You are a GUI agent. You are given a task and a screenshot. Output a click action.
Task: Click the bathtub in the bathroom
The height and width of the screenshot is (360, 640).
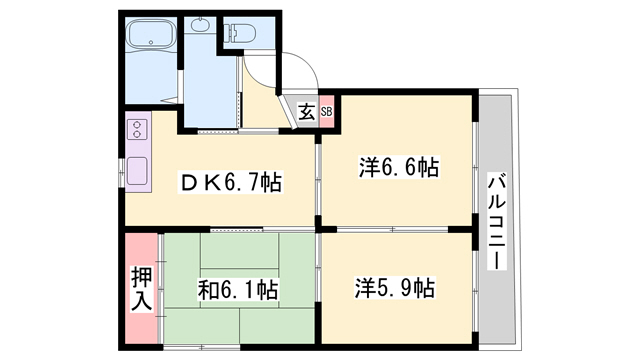151,34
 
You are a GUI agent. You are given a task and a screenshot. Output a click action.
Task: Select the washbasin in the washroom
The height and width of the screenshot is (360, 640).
199,25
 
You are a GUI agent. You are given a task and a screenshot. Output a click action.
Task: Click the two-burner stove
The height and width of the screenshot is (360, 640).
137,129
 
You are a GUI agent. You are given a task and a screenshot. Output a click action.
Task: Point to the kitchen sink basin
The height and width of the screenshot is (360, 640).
137,171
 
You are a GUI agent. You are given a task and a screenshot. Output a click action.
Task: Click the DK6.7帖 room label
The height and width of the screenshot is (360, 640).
231,182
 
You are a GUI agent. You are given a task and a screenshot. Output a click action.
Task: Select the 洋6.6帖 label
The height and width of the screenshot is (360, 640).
399,167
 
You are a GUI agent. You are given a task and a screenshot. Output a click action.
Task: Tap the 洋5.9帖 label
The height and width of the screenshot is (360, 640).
394,288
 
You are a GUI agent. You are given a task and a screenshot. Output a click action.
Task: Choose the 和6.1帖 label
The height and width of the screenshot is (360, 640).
238,290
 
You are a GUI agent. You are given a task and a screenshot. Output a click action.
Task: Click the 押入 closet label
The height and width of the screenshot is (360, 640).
141,289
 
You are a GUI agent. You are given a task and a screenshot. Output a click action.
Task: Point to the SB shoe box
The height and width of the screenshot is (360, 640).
327,111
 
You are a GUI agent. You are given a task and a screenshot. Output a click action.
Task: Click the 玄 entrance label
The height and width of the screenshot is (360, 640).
307,112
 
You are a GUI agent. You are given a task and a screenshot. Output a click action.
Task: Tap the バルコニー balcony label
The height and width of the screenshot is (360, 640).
497,220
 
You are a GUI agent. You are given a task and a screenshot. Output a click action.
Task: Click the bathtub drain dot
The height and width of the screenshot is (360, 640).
151,42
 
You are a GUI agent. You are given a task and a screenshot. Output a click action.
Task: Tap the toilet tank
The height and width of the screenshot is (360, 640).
228,33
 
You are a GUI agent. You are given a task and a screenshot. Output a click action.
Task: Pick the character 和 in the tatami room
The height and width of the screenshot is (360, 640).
208,290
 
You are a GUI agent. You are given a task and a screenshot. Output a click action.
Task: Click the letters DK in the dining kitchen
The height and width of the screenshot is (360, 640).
199,183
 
